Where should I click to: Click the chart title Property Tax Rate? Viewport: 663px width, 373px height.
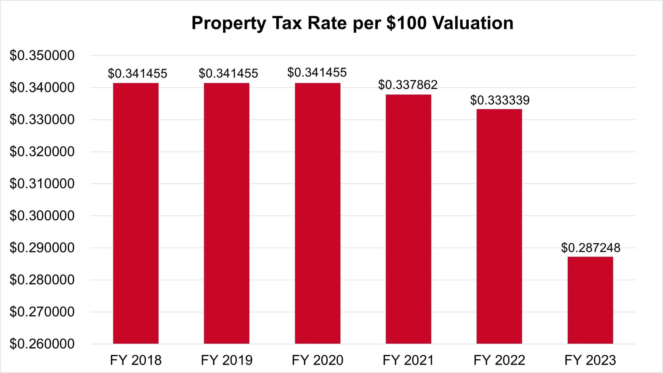[x=352, y=23]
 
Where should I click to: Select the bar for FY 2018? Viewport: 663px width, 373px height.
[x=136, y=214]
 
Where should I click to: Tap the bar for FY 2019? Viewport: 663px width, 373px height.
[x=226, y=214]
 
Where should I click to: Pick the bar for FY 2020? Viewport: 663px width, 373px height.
[x=317, y=214]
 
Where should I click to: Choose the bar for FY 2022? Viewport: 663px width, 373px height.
[x=499, y=226]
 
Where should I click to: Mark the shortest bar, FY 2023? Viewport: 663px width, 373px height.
[x=590, y=300]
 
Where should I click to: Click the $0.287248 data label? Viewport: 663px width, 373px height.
[x=591, y=248]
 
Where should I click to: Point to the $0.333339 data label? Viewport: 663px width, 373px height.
[x=500, y=100]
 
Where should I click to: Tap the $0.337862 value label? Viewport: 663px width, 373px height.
[x=408, y=85]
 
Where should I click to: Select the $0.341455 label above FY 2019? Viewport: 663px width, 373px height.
[x=228, y=73]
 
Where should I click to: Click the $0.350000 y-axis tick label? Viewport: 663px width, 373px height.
[x=42, y=56]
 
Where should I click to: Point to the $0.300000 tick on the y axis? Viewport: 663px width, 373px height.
[x=42, y=216]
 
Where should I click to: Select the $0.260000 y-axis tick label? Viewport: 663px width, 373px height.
[x=42, y=344]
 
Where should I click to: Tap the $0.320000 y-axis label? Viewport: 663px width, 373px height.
[x=42, y=152]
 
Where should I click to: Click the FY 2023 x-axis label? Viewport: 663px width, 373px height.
[x=590, y=360]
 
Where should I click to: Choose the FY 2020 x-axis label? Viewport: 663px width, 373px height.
[x=317, y=360]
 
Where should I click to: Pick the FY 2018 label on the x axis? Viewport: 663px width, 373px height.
[x=136, y=360]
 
